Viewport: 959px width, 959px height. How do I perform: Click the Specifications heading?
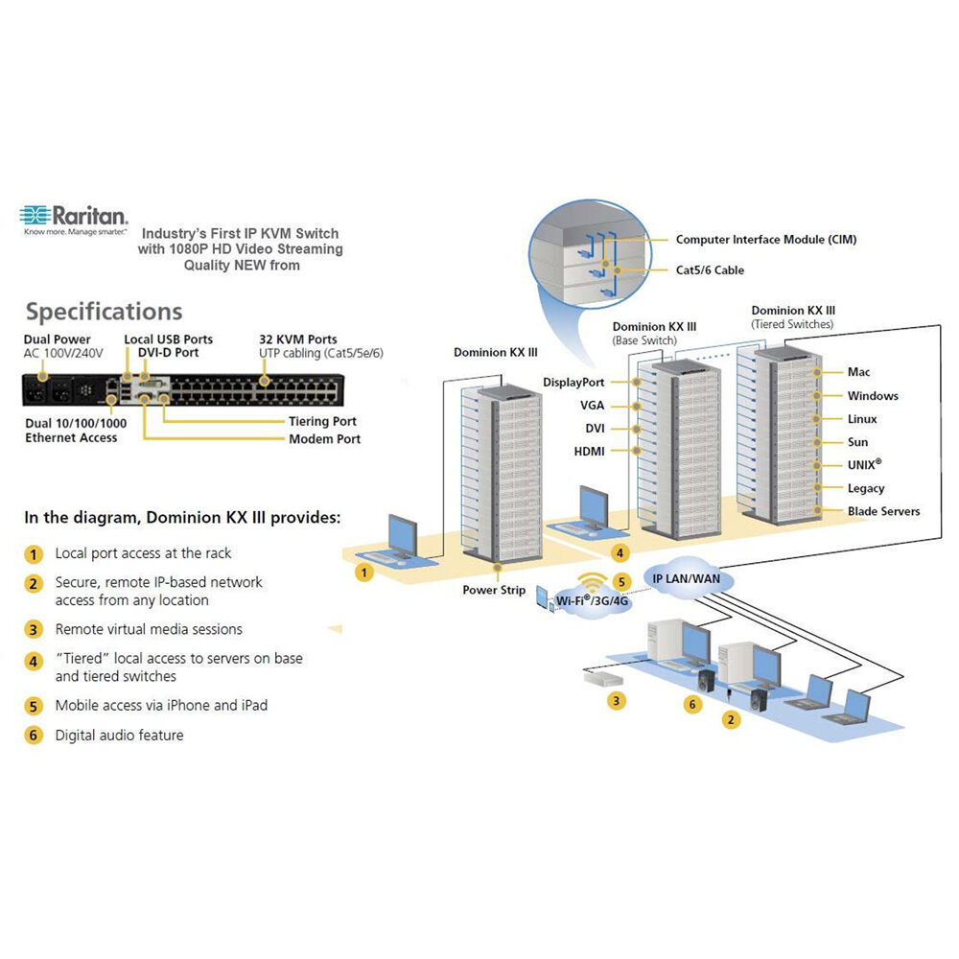[104, 312]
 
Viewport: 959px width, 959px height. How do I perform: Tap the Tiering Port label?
[322, 421]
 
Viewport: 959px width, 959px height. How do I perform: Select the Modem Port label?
[325, 439]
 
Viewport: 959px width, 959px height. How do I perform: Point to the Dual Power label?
[58, 339]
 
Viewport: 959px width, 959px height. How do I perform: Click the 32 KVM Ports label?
[298, 339]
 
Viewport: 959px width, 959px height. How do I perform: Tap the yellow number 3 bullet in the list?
[35, 630]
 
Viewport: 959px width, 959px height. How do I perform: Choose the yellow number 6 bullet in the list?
[35, 736]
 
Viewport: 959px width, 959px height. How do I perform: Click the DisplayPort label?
[573, 383]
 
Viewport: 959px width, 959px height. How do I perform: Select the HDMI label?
[589, 452]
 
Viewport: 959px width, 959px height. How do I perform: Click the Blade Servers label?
[883, 511]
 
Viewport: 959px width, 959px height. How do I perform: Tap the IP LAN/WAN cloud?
[686, 578]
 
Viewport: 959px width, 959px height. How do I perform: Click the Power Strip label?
[494, 590]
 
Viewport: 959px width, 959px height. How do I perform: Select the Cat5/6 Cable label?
[710, 270]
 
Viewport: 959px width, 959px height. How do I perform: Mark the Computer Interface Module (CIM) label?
[766, 240]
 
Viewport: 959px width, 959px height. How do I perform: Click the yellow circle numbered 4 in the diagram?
[621, 552]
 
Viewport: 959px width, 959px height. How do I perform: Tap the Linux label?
[862, 419]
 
